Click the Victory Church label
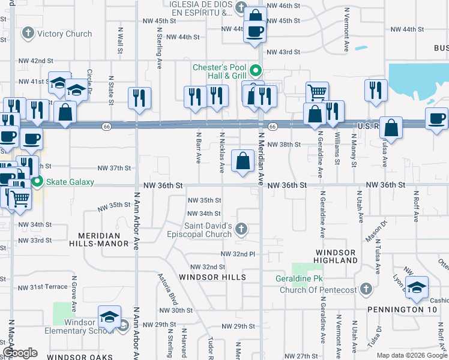[x=64, y=34]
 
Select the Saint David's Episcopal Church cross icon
[x=241, y=229]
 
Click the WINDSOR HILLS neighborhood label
[x=212, y=277]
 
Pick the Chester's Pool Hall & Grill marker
[x=255, y=71]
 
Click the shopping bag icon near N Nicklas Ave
[x=243, y=161]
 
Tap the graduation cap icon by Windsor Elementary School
[x=110, y=317]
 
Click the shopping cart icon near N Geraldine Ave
[x=317, y=92]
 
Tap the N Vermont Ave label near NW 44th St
[x=346, y=37]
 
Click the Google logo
[x=20, y=353]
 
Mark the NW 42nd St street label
[x=35, y=61]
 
